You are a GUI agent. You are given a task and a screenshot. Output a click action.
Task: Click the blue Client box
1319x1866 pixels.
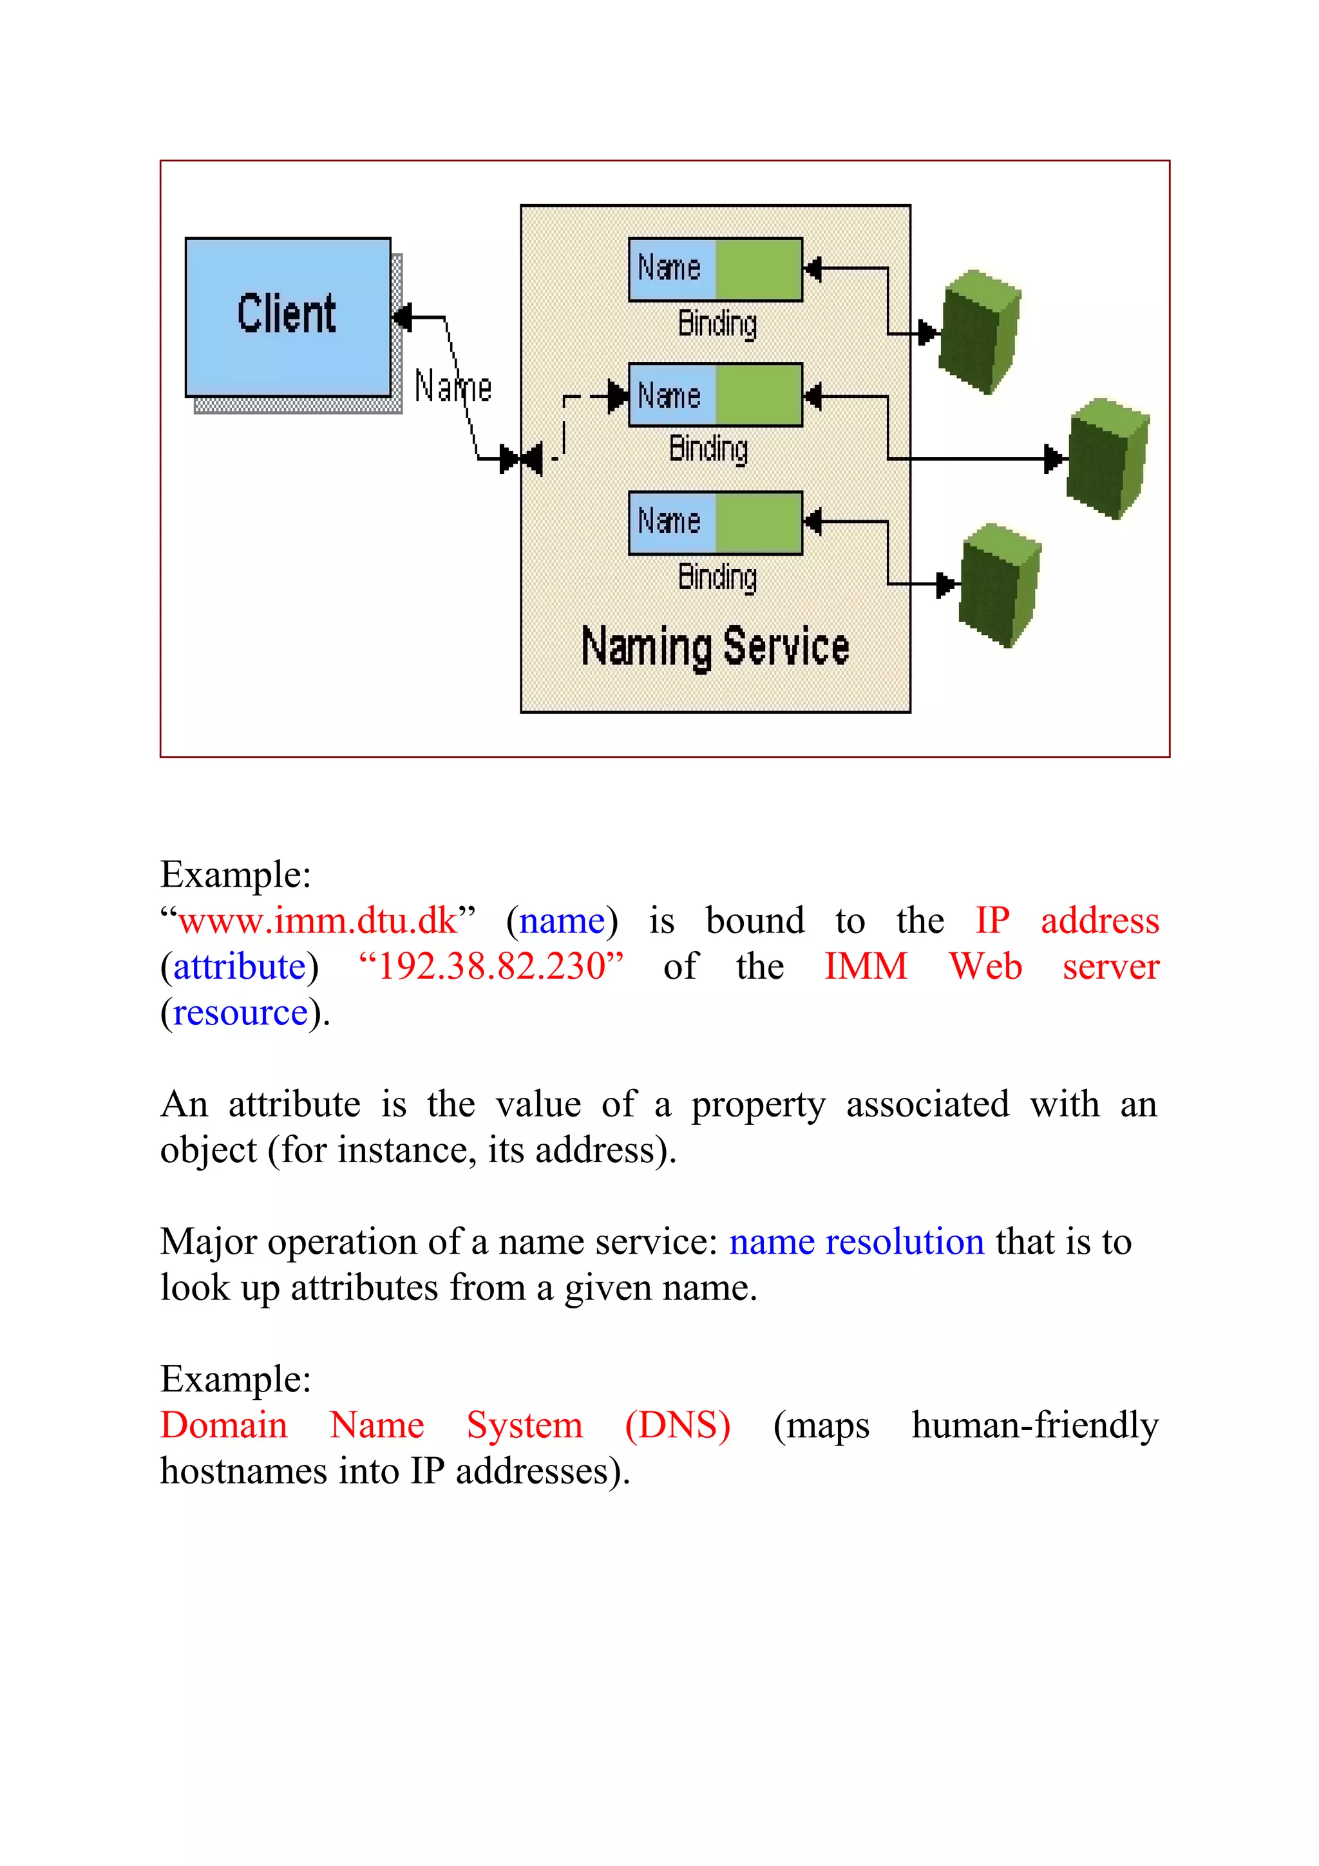(x=288, y=316)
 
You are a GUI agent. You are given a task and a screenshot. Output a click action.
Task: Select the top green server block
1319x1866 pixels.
(x=980, y=331)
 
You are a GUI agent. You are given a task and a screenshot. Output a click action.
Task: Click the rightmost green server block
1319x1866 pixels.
(x=1108, y=458)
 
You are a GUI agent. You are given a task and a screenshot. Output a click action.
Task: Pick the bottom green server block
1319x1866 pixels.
(x=1000, y=585)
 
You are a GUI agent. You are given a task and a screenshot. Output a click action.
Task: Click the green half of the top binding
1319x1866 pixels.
(x=758, y=269)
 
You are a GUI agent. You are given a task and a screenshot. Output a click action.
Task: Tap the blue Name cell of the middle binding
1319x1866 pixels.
(x=671, y=396)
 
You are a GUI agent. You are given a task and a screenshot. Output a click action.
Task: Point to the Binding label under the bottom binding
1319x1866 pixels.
(x=717, y=577)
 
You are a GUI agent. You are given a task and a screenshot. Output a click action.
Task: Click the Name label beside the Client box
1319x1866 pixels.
(x=453, y=387)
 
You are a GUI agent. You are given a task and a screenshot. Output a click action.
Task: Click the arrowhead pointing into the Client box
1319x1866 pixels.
(x=401, y=316)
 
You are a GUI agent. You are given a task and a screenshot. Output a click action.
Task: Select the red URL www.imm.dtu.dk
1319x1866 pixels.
(x=318, y=921)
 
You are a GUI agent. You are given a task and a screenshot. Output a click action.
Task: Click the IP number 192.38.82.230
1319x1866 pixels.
(x=491, y=967)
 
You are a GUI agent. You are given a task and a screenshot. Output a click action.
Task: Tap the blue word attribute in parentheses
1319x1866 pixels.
(x=240, y=967)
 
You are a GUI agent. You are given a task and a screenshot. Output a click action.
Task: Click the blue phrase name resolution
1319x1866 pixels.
(x=857, y=1242)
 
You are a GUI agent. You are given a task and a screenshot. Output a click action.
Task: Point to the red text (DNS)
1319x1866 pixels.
(x=678, y=1426)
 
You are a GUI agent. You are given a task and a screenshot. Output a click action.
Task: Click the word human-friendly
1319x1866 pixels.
(x=1034, y=1426)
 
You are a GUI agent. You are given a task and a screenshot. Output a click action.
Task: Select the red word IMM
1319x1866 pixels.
(x=866, y=967)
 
